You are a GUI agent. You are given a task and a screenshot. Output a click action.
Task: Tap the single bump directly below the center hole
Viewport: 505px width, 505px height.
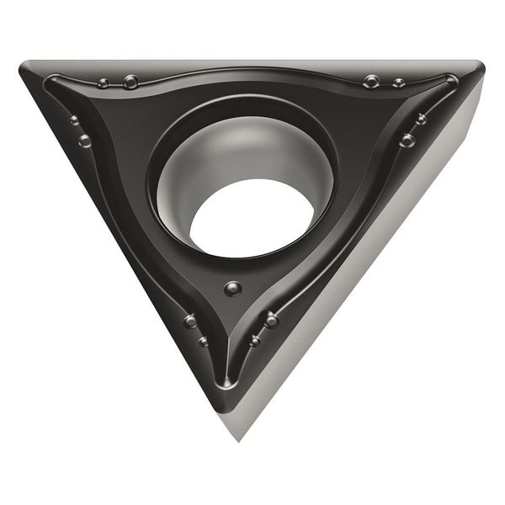tap(233, 289)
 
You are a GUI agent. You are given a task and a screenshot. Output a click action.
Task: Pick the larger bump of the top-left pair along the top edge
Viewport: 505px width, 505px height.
tap(130, 82)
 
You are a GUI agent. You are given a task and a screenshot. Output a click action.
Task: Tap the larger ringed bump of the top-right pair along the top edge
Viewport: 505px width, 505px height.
tap(371, 82)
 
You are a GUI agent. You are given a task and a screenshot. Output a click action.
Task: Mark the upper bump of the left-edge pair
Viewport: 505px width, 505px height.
tap(75, 120)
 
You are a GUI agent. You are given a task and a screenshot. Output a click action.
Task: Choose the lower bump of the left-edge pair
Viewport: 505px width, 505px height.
tap(85, 141)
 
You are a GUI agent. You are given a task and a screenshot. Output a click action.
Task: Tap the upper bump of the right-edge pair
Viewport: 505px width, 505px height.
tap(421, 120)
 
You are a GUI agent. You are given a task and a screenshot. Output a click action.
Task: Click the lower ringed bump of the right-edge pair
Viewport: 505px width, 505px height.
tap(407, 140)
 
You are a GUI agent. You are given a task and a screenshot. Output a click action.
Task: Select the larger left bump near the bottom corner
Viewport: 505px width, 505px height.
tap(191, 321)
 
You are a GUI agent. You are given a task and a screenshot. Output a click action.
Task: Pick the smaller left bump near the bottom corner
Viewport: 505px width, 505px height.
tap(203, 342)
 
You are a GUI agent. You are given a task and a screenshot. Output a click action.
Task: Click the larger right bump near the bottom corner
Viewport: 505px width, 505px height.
tap(271, 320)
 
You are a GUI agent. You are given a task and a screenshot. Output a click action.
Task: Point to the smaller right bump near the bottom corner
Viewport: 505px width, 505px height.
tap(255, 341)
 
